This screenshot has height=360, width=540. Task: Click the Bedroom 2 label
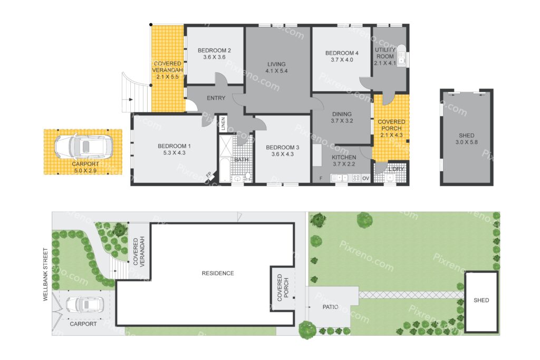click(x=214, y=50)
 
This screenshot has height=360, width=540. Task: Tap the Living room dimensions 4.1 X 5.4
click(x=276, y=71)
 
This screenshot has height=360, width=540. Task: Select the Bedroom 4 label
click(x=342, y=53)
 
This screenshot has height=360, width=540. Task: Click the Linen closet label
click(x=223, y=124)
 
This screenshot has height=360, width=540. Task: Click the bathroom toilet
click(x=248, y=176)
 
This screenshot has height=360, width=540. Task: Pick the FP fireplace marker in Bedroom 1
click(x=209, y=175)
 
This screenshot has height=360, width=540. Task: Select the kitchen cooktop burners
click(x=356, y=178)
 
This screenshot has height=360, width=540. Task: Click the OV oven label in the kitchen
click(x=365, y=178)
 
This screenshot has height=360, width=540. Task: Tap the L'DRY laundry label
click(x=396, y=169)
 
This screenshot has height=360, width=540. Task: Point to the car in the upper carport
click(x=84, y=147)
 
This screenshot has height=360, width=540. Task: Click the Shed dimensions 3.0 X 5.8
click(x=466, y=142)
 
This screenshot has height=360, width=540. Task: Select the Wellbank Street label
click(x=45, y=275)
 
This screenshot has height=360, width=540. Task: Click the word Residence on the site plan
click(x=218, y=273)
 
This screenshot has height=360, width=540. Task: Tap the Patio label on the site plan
click(x=330, y=307)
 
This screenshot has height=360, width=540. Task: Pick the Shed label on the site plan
click(x=481, y=300)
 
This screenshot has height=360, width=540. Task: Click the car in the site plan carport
click(x=84, y=305)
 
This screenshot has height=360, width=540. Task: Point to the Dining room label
click(x=342, y=114)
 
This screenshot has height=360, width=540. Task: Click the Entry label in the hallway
click(x=216, y=98)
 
